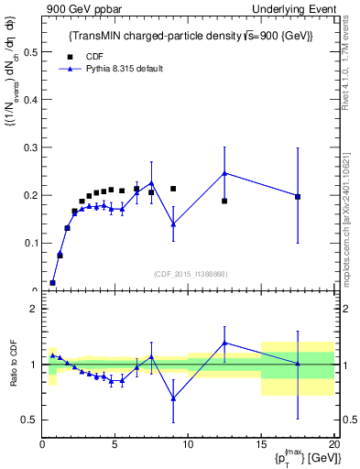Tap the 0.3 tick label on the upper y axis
tap(32, 147)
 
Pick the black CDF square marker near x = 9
tap(173, 189)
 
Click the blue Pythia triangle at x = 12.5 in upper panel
tap(224, 173)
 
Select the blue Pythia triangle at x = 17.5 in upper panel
tap(297, 196)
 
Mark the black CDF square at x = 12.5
tap(224, 201)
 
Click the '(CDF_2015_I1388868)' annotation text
tap(189, 274)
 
